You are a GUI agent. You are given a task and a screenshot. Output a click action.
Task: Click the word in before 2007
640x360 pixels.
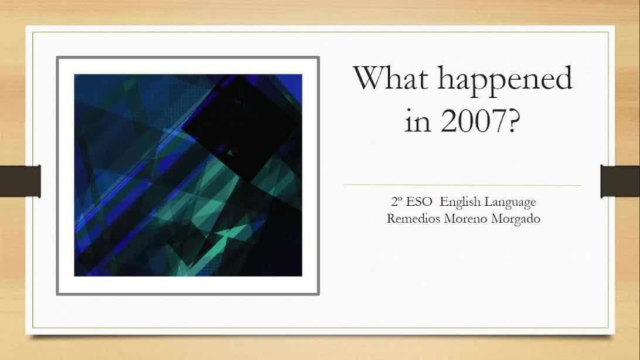point(417,121)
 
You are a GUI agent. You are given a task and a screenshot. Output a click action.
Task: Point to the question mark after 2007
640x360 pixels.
point(514,121)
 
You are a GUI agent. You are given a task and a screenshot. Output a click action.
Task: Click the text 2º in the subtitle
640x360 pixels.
point(396,202)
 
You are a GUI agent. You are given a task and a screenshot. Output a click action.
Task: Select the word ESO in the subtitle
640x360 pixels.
point(419,202)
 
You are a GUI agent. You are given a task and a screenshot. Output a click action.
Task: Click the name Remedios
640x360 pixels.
point(413,218)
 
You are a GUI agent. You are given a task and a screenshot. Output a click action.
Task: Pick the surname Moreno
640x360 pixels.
point(466,219)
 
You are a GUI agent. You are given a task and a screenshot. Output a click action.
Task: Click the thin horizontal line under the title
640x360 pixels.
point(462,185)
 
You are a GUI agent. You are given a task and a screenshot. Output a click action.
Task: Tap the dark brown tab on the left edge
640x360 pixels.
point(21,181)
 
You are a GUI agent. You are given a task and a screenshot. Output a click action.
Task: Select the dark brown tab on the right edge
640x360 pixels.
point(620,181)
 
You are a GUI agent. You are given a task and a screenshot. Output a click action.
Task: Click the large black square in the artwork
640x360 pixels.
point(241,127)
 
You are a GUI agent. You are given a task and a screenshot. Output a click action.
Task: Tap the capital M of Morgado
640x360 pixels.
point(497,218)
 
